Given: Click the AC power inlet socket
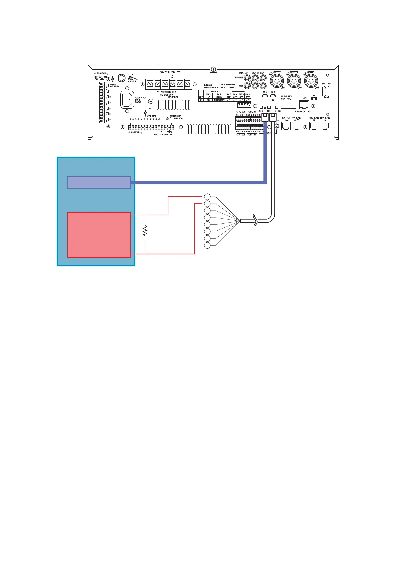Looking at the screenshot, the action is click(x=127, y=100).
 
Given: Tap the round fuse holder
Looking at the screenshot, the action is click(x=122, y=78).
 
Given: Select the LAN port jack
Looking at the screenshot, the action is click(x=304, y=105).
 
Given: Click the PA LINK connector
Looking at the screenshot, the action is click(x=326, y=91).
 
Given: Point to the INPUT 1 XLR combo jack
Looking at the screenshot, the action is click(x=311, y=81).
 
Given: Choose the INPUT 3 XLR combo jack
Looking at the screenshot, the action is click(x=277, y=81).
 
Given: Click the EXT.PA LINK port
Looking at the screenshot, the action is click(x=286, y=126).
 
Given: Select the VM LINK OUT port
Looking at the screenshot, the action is click(x=297, y=126).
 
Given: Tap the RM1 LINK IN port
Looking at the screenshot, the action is click(x=325, y=126).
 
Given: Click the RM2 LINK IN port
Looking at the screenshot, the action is click(x=314, y=126).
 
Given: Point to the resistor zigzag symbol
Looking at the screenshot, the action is click(x=145, y=231).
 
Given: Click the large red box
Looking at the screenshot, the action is click(x=99, y=235).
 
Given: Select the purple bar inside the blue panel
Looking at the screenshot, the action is click(x=99, y=182).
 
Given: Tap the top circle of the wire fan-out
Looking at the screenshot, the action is click(x=207, y=197).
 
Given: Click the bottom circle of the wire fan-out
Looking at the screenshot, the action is click(x=207, y=246).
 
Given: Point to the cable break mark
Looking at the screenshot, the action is click(x=256, y=220).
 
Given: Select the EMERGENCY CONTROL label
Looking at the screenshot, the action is click(x=286, y=98).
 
